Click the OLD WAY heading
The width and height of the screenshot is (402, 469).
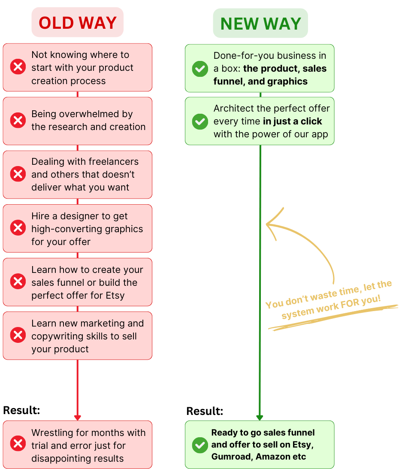[x=78, y=23]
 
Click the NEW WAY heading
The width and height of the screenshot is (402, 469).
[x=260, y=24]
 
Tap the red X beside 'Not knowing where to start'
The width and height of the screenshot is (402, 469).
[x=18, y=67]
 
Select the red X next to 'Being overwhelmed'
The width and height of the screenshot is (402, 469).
[x=18, y=121]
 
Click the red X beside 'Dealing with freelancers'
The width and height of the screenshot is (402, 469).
[x=18, y=174]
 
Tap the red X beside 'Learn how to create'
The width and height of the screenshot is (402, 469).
[x=18, y=282]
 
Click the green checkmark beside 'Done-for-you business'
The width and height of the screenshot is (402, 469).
[x=200, y=68]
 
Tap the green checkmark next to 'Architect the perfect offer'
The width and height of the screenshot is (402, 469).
[x=200, y=121]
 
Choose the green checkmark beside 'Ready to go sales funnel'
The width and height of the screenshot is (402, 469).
[x=200, y=445]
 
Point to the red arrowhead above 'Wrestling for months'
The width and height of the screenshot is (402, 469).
[x=77, y=417]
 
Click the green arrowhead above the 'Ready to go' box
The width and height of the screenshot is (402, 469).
[x=260, y=417]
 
